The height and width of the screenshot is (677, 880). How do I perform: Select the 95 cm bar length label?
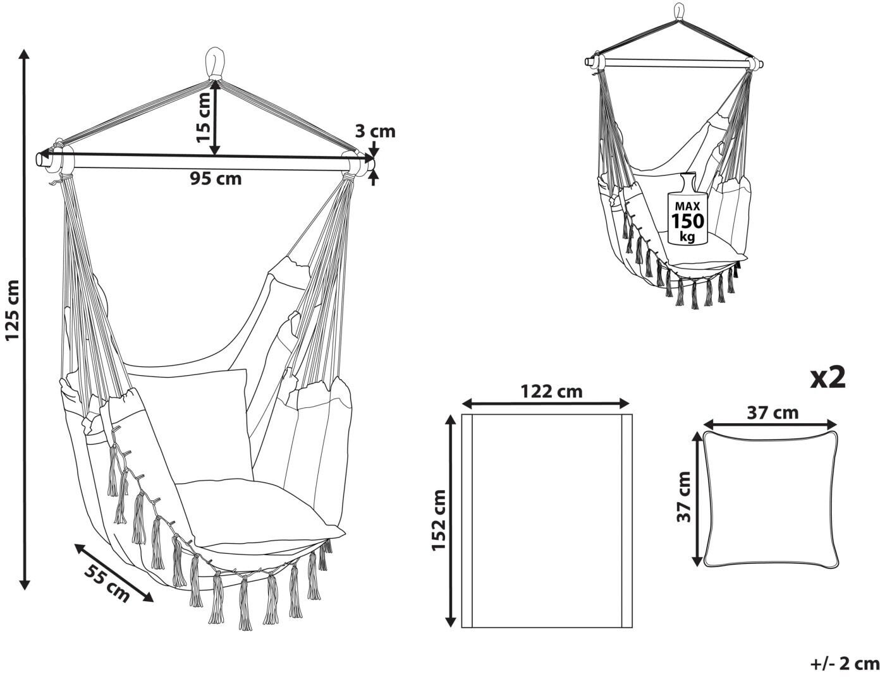pos(216,178)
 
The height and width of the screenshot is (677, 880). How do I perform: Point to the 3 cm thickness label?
pos(375,131)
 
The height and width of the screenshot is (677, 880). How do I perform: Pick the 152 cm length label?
pos(439,520)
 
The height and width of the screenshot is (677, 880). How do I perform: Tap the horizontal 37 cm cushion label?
pos(773,412)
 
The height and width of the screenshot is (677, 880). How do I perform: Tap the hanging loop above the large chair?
pos(215,64)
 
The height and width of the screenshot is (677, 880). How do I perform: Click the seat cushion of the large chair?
pos(259,513)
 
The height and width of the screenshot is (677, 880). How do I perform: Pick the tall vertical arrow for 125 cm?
pos(25,320)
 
